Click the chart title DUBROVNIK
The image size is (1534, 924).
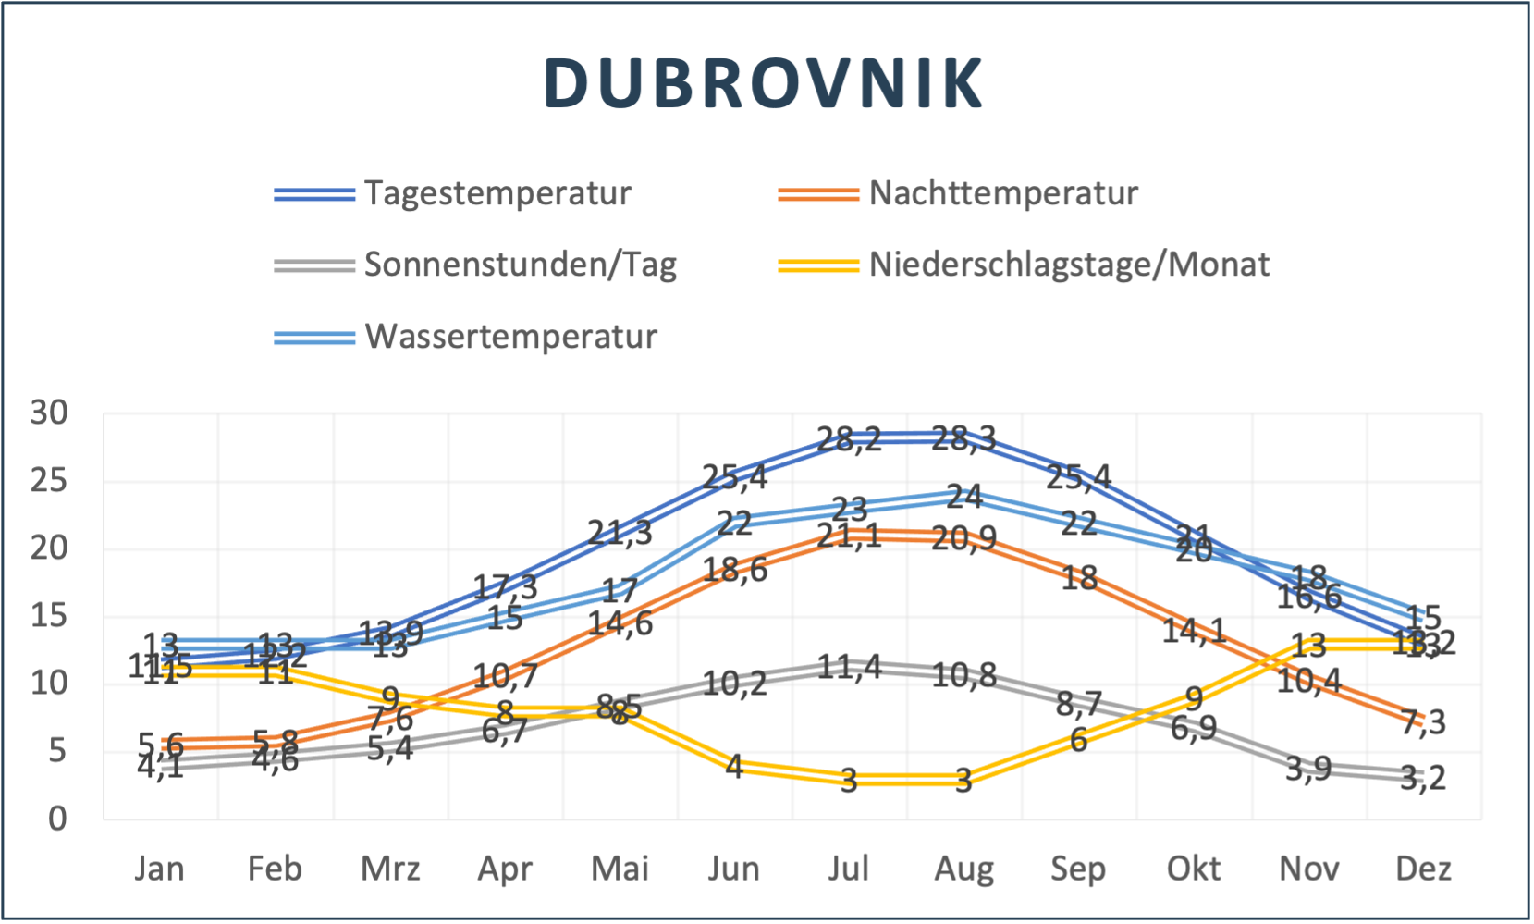click(x=764, y=83)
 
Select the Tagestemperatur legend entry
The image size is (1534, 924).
click(x=497, y=193)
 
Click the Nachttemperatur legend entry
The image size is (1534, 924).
click(x=1002, y=193)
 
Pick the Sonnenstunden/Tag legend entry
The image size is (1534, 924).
click(x=520, y=265)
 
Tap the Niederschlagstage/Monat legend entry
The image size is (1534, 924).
click(x=1068, y=265)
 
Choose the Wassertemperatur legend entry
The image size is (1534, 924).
click(x=510, y=336)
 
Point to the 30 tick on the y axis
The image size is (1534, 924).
click(x=50, y=413)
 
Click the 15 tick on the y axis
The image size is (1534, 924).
click(x=50, y=615)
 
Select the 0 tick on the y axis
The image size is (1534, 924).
click(x=57, y=818)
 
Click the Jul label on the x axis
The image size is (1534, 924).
click(x=849, y=869)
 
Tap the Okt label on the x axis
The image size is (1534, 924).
click(x=1193, y=869)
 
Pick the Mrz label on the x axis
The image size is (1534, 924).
click(x=390, y=869)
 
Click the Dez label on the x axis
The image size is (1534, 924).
click(x=1423, y=869)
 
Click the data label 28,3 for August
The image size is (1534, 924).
click(x=963, y=437)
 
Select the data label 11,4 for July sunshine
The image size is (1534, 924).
click(x=849, y=666)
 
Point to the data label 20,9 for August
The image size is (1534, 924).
click(x=963, y=537)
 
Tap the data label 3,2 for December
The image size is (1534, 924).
click(x=1423, y=777)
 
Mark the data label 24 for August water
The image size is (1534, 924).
click(x=963, y=497)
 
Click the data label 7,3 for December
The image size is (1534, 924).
click(x=1423, y=721)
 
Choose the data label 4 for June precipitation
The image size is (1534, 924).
click(x=734, y=766)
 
